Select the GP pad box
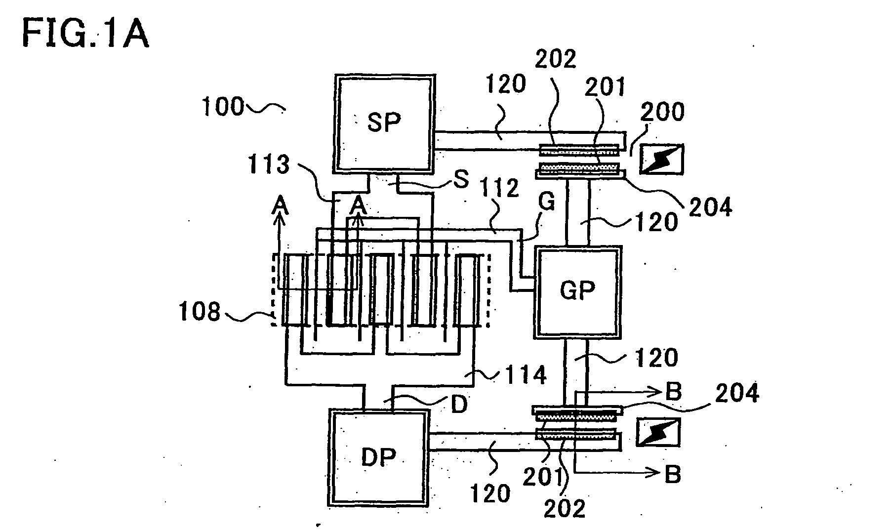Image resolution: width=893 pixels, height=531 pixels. (x=577, y=293)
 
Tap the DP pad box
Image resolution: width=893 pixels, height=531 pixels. (x=378, y=458)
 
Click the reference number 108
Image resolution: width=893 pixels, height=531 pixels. (x=200, y=313)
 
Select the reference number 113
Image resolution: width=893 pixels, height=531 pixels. (x=268, y=164)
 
